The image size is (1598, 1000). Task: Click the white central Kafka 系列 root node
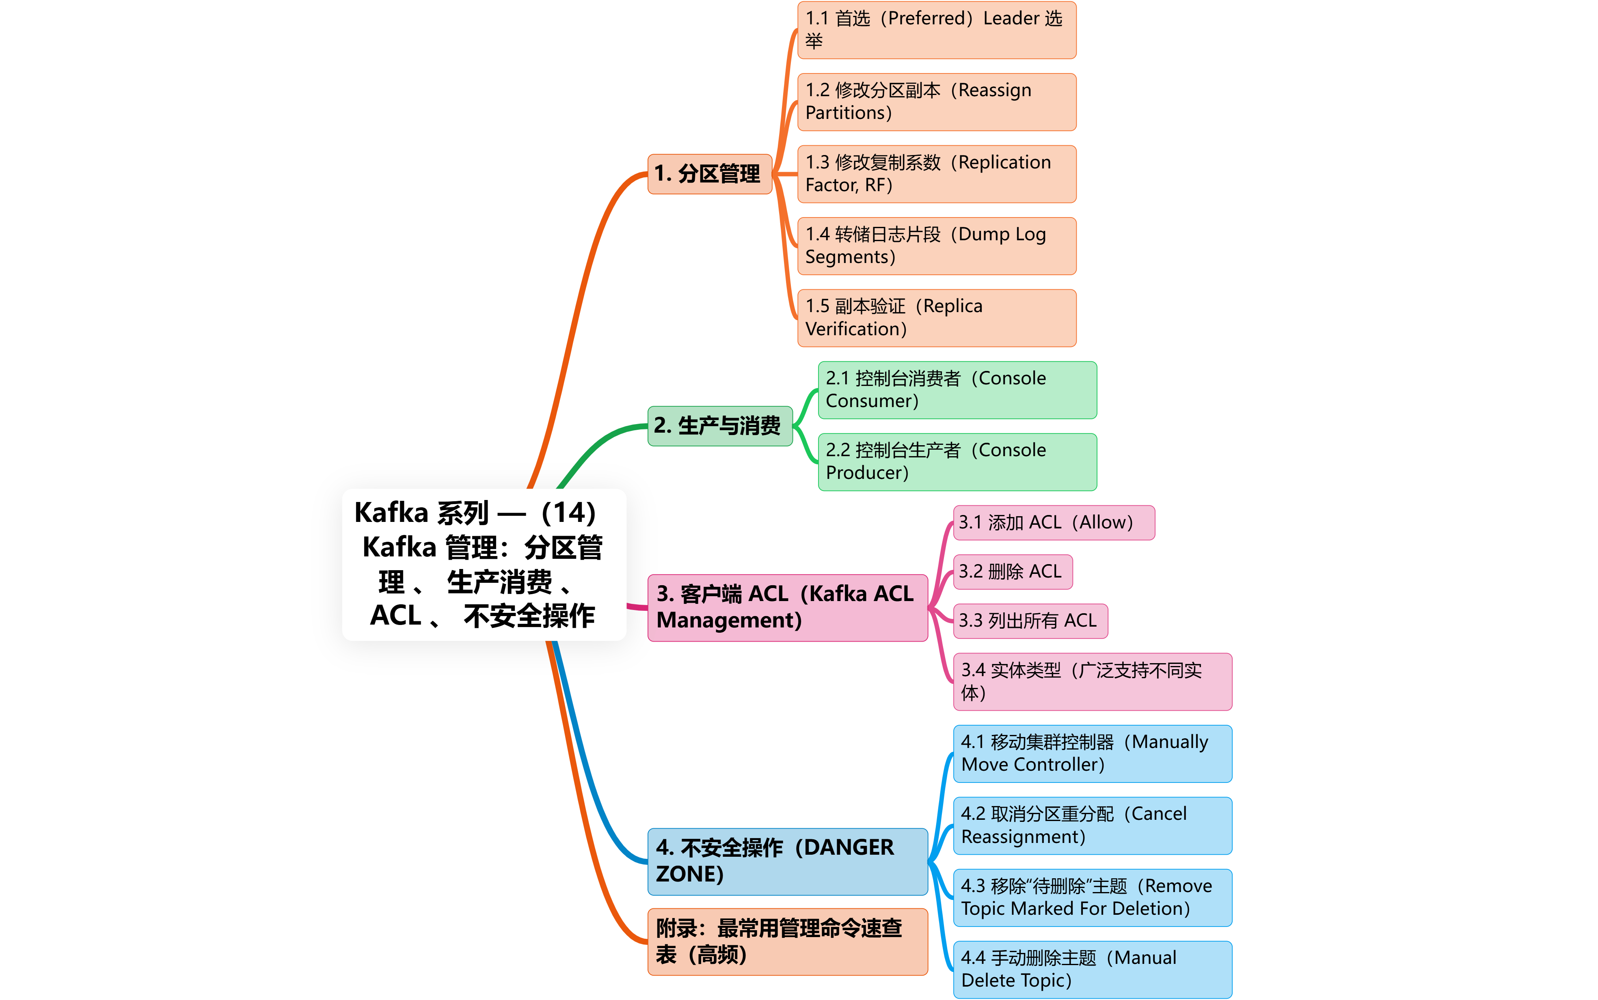click(x=484, y=564)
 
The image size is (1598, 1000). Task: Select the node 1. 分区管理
click(x=709, y=174)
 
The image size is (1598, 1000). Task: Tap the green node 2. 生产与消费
click(x=720, y=426)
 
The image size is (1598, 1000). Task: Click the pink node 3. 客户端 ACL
click(x=787, y=607)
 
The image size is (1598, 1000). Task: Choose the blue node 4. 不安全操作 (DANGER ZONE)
click(x=787, y=861)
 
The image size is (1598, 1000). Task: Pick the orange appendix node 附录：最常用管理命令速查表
click(x=787, y=942)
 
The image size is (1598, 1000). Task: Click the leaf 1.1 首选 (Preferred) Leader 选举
click(x=937, y=30)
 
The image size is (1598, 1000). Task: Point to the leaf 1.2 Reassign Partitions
click(x=937, y=102)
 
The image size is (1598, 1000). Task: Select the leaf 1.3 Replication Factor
click(x=937, y=174)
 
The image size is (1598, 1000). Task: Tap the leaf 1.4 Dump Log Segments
click(x=937, y=246)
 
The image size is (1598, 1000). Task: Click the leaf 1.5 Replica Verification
click(x=937, y=317)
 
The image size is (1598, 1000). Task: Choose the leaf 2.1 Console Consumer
click(x=957, y=390)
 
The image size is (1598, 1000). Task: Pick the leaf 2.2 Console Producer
click(x=957, y=461)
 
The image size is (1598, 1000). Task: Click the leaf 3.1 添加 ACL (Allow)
click(x=1054, y=522)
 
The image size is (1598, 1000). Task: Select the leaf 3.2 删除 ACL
click(x=1012, y=571)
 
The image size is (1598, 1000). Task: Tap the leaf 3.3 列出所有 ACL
click(x=1030, y=621)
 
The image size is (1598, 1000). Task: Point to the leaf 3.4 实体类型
click(x=1092, y=681)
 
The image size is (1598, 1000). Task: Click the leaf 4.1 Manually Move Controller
click(x=1092, y=753)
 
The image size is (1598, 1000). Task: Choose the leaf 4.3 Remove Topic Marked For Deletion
click(x=1092, y=897)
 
